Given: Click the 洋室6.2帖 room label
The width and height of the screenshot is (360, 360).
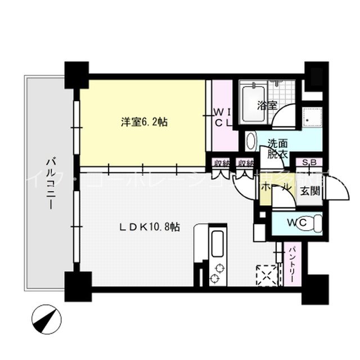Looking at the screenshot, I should coord(143,121).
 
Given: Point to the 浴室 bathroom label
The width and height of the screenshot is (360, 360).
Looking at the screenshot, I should coord(266,105).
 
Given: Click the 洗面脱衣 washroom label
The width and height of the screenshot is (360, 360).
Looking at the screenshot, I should coord(277,147).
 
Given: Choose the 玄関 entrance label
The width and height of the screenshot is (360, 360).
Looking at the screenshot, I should coord(309,191).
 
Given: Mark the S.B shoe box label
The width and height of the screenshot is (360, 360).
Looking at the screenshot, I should coord(309,164).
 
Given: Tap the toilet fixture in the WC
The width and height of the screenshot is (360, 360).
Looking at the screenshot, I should coord(316,223).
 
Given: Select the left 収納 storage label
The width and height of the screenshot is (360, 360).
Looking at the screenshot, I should coord(221,164).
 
